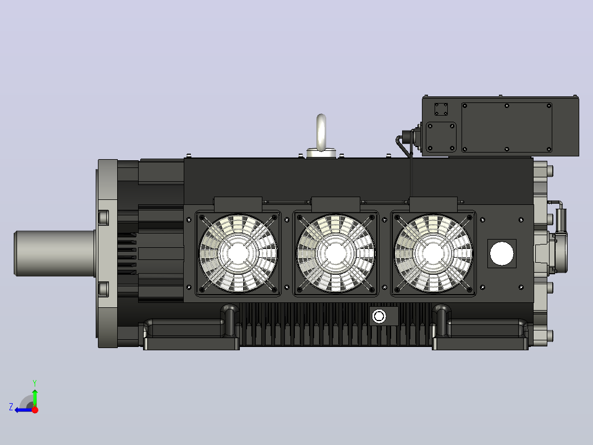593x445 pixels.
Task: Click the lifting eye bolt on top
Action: click(321, 133)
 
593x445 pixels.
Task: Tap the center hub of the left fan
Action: click(238, 253)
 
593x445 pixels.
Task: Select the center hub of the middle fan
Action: click(336, 253)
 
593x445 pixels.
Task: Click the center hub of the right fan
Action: click(433, 253)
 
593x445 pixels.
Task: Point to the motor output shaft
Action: click(54, 253)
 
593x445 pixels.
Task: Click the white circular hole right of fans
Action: click(502, 253)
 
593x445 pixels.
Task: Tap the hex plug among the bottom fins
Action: click(379, 316)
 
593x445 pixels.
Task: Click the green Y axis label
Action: click(35, 383)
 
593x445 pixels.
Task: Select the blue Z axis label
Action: click(11, 407)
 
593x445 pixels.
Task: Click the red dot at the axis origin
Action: click(35, 410)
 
